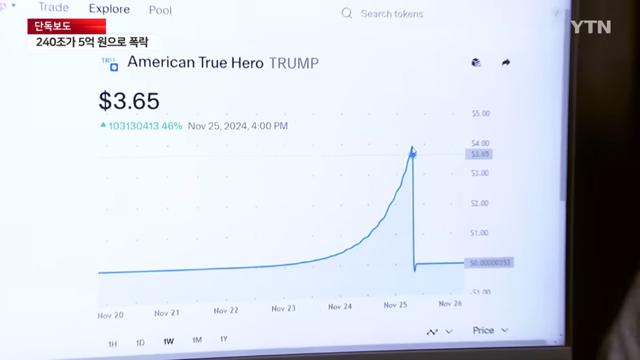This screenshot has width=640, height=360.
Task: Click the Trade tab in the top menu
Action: pos(54,8)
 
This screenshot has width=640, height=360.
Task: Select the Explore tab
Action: pos(109,9)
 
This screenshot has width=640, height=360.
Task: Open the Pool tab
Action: pos(160,11)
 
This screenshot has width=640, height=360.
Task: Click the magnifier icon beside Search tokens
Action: pos(347,13)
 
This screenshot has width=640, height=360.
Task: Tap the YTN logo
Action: pos(590,27)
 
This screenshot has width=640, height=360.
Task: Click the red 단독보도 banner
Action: pos(66,27)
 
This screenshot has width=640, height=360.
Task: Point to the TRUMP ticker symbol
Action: pos(293,64)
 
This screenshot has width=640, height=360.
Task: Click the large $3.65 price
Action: pos(129,101)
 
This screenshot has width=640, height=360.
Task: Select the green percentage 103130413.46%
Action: pos(145,126)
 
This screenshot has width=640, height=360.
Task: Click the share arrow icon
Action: pos(506,62)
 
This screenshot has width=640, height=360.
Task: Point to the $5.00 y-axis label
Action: pos(480,113)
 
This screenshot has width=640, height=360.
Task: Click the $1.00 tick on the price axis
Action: pos(479,233)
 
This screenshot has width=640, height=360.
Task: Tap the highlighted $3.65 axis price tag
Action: pos(479,154)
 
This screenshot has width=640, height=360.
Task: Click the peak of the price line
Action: pos(412,148)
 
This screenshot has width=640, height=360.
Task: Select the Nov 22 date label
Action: pos(226,310)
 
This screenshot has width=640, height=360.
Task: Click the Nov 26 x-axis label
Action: pos(450,304)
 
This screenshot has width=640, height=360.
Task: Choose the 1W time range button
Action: pos(168,341)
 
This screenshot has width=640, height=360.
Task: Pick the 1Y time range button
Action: pos(224,339)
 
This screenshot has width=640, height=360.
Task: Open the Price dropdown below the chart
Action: pos(490,330)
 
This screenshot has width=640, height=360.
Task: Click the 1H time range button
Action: pos(113,343)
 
